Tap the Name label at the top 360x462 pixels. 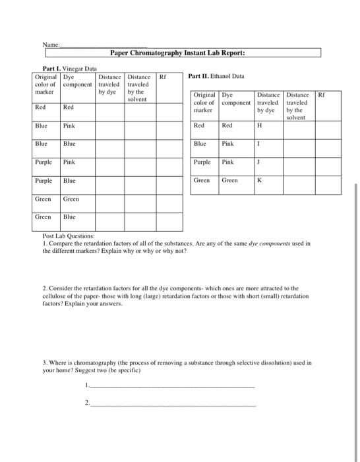point(51,44)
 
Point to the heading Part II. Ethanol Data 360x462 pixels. point(216,76)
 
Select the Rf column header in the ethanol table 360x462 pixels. point(320,95)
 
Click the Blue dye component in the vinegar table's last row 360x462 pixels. point(69,216)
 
